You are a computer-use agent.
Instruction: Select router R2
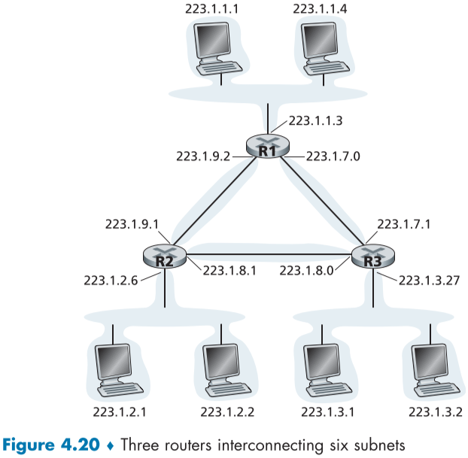point(165,257)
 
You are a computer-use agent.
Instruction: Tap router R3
point(372,257)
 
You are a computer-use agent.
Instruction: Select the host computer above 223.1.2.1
point(118,369)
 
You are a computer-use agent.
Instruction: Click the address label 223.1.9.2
point(202,156)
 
